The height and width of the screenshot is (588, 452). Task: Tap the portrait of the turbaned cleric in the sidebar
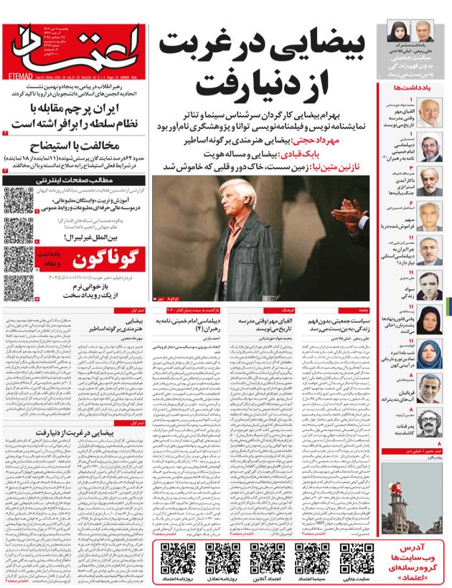tap(430, 147)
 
